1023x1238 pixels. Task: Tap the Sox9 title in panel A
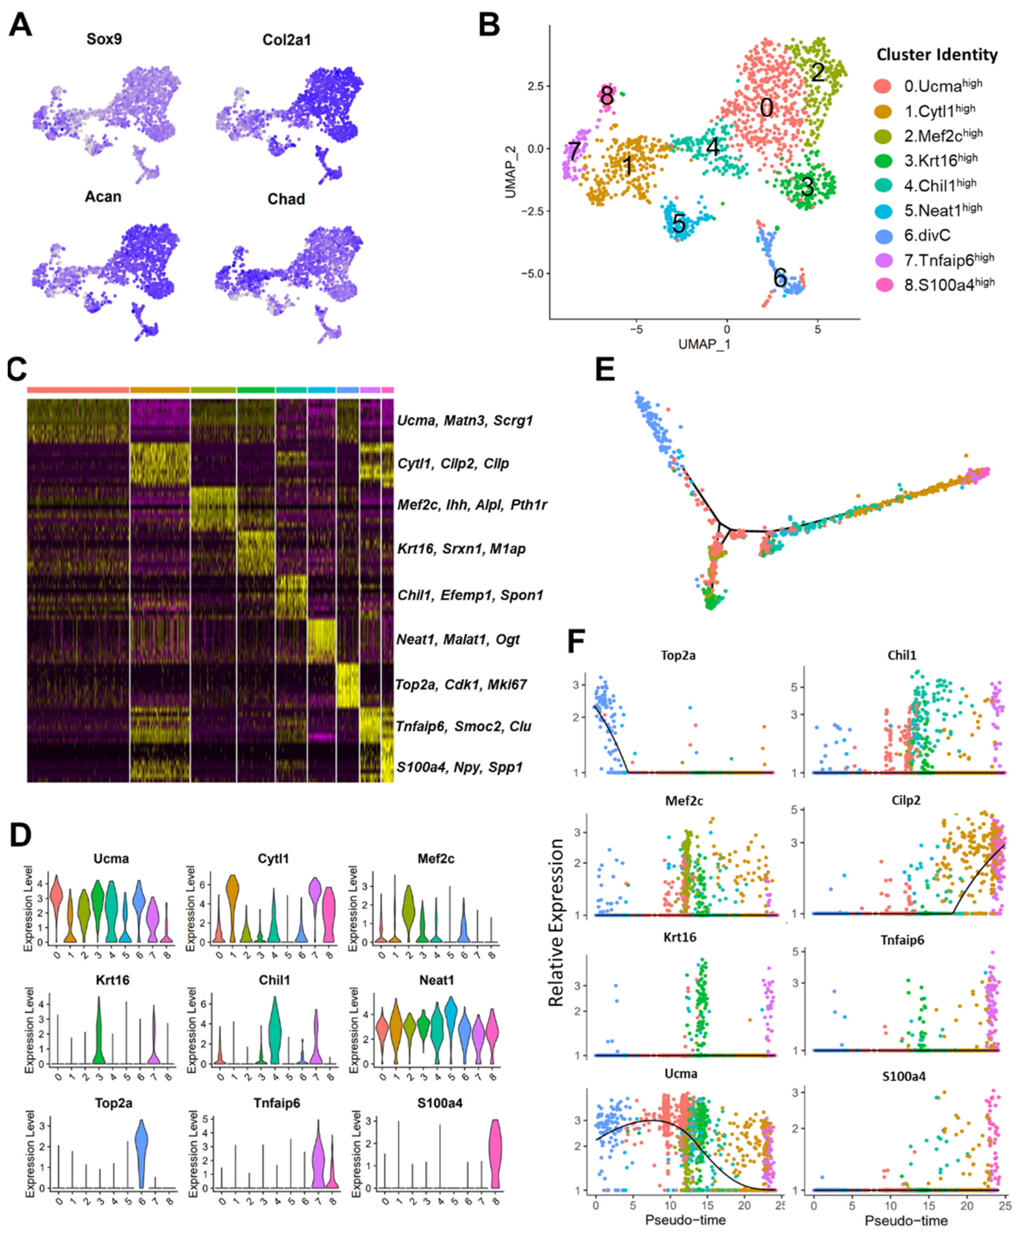point(104,39)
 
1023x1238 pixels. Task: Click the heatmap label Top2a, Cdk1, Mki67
point(462,685)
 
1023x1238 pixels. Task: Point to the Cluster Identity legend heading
point(936,55)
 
